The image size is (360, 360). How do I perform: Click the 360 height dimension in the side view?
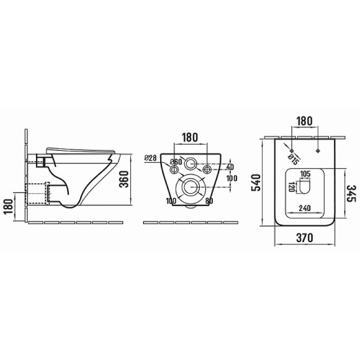pyautogui.click(x=125, y=179)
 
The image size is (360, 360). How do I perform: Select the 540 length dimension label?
pyautogui.click(x=256, y=182)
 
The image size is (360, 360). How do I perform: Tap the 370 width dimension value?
pyautogui.click(x=304, y=238)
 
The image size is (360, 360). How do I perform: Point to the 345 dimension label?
pyautogui.click(x=351, y=193)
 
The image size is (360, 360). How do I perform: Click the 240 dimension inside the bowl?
pyautogui.click(x=305, y=208)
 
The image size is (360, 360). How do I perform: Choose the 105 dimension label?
pyautogui.click(x=305, y=174)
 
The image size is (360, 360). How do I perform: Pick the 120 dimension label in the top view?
pyautogui.click(x=292, y=187)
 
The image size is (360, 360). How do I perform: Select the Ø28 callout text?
pyautogui.click(x=150, y=158)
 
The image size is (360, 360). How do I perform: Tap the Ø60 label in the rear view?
pyautogui.click(x=176, y=162)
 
